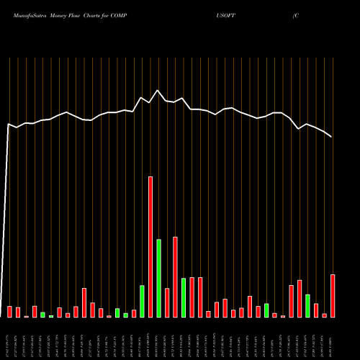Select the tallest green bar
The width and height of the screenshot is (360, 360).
pyautogui.click(x=158, y=278)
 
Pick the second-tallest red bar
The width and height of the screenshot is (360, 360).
pyautogui.click(x=175, y=277)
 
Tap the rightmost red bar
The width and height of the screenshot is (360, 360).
pyautogui.click(x=333, y=296)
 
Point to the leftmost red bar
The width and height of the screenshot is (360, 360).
pyautogui.click(x=9, y=312)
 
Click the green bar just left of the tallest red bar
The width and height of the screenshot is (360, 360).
pyautogui.click(x=142, y=302)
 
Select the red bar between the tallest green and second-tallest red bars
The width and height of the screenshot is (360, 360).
pyautogui.click(x=167, y=303)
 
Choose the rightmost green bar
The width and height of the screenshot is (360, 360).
pyautogui.click(x=307, y=306)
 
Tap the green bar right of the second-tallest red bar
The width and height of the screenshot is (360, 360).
pyautogui.click(x=184, y=297)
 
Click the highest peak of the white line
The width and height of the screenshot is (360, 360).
pyautogui.click(x=158, y=91)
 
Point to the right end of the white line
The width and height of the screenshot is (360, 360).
pyautogui.click(x=332, y=137)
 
